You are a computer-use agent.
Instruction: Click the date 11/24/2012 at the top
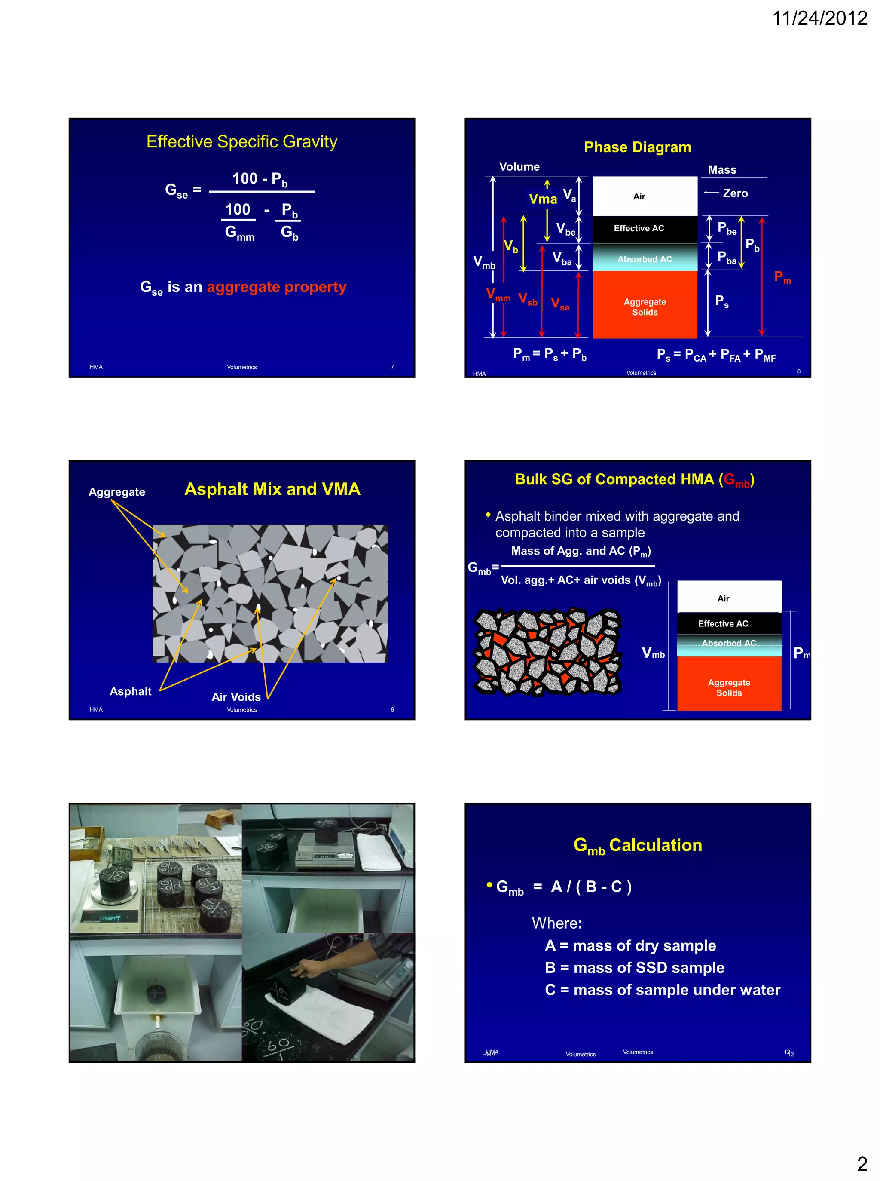coord(819,18)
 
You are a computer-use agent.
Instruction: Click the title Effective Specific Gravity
coord(242,142)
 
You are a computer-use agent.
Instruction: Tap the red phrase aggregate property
coord(276,287)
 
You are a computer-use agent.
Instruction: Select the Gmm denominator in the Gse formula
coord(239,233)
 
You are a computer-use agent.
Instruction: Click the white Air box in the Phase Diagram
coord(645,196)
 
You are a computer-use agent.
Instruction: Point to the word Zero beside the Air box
coord(735,193)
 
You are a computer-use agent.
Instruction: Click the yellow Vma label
coord(543,199)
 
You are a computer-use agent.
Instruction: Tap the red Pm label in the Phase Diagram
coord(782,277)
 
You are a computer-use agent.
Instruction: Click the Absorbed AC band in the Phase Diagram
coord(645,259)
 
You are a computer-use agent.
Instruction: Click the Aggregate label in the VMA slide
coord(116,492)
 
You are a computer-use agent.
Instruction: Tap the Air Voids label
coord(236,697)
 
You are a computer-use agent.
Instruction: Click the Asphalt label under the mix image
coord(131,691)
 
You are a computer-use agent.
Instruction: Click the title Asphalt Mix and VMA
coord(272,489)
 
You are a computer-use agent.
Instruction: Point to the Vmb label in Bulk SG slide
coord(653,653)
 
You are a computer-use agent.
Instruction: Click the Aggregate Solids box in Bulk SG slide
coord(729,687)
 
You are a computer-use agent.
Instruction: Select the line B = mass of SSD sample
coord(634,967)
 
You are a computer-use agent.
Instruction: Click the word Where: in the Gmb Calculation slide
coord(556,923)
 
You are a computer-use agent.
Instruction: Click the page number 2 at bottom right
coord(862,1164)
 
